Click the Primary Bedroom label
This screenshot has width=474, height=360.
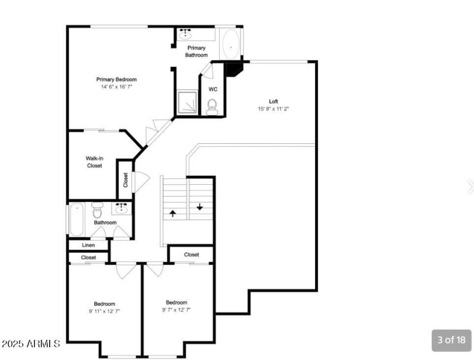[116, 79]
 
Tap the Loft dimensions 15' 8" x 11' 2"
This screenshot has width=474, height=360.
[273, 109]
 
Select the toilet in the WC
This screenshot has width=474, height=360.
[212, 107]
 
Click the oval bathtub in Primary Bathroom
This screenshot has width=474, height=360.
[231, 44]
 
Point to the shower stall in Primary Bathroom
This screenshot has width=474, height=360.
[187, 102]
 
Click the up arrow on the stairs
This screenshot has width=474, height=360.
[172, 214]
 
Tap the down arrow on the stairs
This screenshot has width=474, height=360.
[200, 207]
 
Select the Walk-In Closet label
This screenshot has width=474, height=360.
[94, 162]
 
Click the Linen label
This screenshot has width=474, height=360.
[88, 245]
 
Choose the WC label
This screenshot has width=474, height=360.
[213, 89]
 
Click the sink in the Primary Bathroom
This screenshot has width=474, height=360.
[185, 34]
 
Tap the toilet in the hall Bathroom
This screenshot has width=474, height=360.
[97, 210]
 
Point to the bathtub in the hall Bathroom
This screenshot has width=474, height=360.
[76, 220]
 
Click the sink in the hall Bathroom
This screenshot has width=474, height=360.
[121, 208]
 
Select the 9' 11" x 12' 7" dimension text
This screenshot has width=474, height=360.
[104, 311]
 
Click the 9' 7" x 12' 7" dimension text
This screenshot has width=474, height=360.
[177, 310]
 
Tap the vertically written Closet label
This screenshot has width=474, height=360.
[126, 180]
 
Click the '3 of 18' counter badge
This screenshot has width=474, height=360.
[451, 340]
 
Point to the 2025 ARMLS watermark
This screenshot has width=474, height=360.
[31, 343]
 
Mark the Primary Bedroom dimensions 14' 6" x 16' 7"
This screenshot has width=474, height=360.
[116, 87]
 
